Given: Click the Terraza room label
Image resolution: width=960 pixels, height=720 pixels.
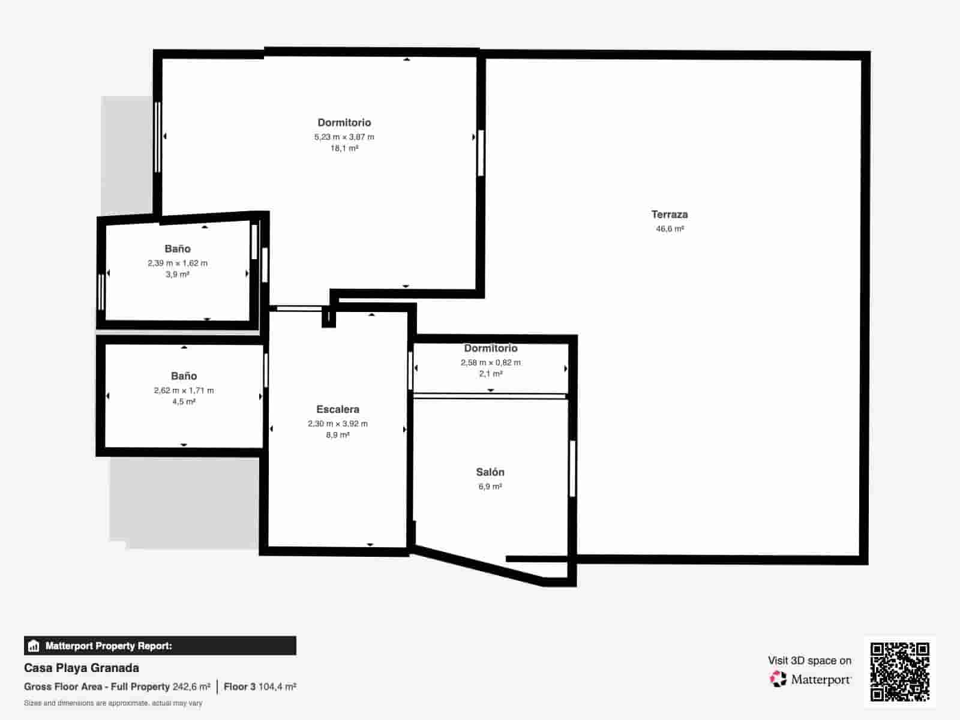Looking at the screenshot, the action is [x=670, y=215].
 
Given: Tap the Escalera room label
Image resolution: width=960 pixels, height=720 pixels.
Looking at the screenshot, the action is [x=338, y=410].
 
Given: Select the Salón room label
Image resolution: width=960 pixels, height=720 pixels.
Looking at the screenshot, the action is [x=490, y=472].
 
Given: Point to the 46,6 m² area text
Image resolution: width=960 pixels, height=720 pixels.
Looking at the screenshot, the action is [x=670, y=229].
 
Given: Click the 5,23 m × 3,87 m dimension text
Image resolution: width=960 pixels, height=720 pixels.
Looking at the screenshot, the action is [x=344, y=137].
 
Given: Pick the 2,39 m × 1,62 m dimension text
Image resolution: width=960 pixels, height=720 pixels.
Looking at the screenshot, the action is [x=178, y=263].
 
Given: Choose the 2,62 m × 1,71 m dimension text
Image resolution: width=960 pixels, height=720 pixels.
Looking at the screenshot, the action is [x=184, y=391].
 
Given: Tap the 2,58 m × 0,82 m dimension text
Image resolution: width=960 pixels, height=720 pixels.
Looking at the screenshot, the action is [x=491, y=362].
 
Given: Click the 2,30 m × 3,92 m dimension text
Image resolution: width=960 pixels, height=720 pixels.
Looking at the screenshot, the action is [x=338, y=424].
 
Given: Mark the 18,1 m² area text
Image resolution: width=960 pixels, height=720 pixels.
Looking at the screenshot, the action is [x=344, y=148].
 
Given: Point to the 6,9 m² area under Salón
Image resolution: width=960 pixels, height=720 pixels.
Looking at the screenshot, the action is [x=490, y=486].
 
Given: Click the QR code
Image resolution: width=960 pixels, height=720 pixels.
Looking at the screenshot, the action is [x=899, y=672].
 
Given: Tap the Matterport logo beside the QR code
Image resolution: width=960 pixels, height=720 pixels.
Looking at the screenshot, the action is [x=810, y=679].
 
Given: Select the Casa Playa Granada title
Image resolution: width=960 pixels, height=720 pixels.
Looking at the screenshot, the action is [x=82, y=668].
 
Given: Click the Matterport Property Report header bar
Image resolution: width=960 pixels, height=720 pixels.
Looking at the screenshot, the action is [x=160, y=646].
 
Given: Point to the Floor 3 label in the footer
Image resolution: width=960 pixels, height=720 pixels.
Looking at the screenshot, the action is [x=239, y=687].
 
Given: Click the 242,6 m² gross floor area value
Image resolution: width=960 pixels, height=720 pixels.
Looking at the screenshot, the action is [x=191, y=687].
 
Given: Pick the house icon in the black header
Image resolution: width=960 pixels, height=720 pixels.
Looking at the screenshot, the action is [x=34, y=646].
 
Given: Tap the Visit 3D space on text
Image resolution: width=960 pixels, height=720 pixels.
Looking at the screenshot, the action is [x=809, y=661].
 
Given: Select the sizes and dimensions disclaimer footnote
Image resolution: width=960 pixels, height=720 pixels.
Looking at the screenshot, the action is [x=113, y=703].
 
